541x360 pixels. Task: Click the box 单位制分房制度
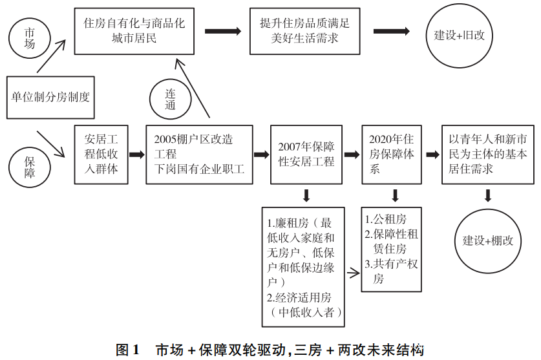50,97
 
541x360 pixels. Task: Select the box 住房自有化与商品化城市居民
134,30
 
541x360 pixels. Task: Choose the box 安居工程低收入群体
101,155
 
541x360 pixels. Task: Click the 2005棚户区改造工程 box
198,155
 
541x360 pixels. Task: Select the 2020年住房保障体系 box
392,155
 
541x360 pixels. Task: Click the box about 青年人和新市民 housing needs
488,155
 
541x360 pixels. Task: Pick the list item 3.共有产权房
392,271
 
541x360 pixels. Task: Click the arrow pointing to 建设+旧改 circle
391,30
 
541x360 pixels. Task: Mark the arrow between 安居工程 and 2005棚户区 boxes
136,155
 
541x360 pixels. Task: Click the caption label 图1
127,350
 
